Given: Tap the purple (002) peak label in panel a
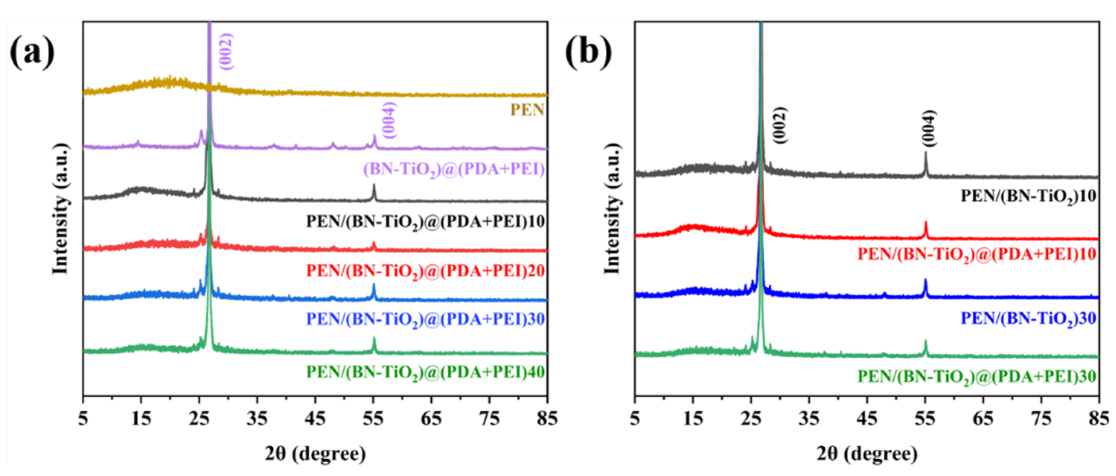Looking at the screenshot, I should [x=226, y=51].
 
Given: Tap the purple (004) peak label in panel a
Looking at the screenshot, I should [x=390, y=120].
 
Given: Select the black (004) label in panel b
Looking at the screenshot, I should [x=929, y=129].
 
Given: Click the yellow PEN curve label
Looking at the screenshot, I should [x=527, y=110].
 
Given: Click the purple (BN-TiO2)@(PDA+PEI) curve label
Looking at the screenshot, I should [x=453, y=169].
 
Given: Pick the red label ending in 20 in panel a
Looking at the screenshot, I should [x=425, y=271].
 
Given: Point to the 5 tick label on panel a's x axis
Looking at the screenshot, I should [x=83, y=419].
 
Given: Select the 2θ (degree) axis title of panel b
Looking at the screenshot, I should [x=867, y=454].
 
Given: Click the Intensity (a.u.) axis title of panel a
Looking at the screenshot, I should [x=61, y=208].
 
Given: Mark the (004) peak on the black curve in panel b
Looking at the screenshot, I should [x=925, y=163].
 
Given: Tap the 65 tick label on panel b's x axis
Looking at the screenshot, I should [x=983, y=419].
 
